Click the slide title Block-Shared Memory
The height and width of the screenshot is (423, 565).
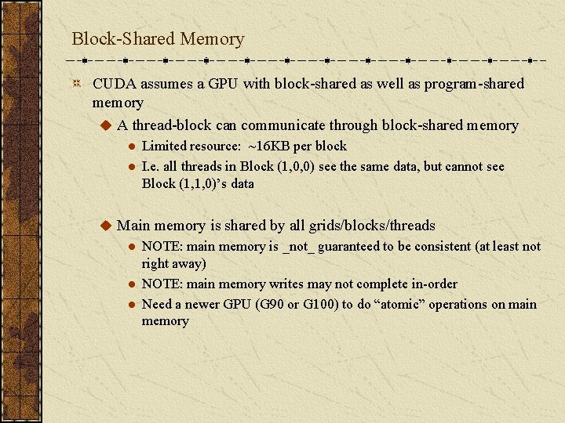(x=158, y=38)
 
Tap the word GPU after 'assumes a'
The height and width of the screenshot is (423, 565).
(x=224, y=84)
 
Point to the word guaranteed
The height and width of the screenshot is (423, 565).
(x=346, y=247)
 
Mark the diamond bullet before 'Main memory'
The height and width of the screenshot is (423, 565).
(x=106, y=226)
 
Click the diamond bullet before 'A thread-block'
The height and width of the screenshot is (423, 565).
(x=106, y=125)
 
